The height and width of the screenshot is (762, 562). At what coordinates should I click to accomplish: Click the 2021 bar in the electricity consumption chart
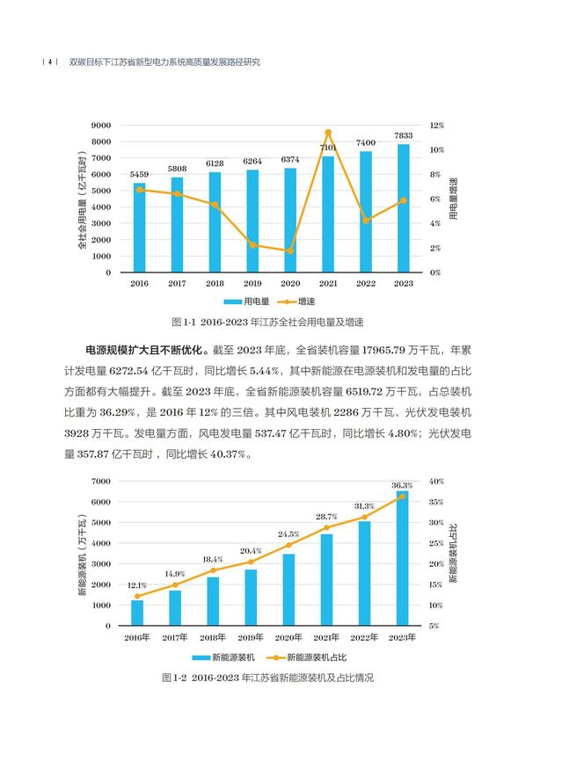click(328, 215)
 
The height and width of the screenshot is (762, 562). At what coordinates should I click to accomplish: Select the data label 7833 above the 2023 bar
click(404, 135)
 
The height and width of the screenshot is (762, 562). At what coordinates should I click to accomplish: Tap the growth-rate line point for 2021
click(328, 133)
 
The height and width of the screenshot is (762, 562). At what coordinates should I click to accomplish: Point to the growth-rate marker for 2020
click(290, 250)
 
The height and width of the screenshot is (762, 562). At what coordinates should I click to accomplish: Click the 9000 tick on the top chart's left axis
click(101, 126)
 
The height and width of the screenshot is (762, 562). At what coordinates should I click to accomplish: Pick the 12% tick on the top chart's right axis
click(437, 126)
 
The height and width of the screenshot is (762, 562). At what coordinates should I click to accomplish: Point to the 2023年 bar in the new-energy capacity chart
click(403, 559)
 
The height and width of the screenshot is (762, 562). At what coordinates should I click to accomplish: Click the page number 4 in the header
click(50, 62)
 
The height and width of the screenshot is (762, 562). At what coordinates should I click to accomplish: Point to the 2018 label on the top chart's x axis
click(215, 283)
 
